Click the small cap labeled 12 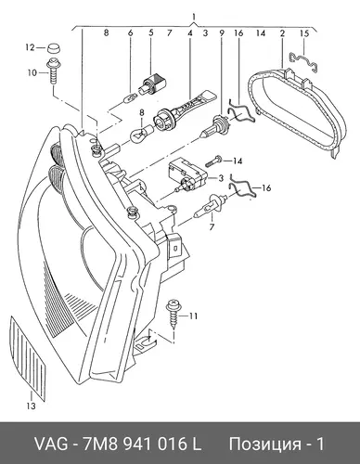point(54,48)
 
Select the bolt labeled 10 point(53,71)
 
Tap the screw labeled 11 point(173,314)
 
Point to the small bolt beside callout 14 point(215,161)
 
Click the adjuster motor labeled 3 point(187,175)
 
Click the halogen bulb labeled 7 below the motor point(210,205)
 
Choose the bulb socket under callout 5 point(154,84)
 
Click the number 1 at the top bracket point(194,17)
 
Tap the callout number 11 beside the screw point(193,316)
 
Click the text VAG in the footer point(51,444)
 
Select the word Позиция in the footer point(264,445)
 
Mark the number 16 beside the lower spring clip point(266,187)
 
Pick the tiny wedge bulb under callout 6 point(128,99)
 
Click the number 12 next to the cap point(31,48)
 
